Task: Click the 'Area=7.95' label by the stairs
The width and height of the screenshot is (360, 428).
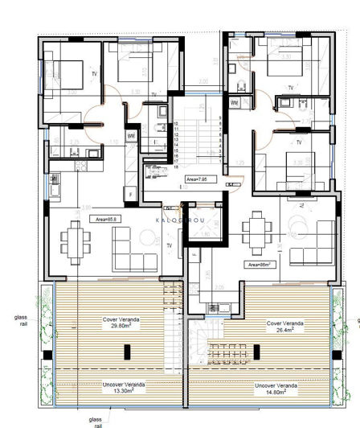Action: [195, 179]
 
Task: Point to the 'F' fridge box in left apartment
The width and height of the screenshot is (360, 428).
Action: [130, 194]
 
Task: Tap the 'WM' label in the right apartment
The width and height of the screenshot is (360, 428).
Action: [235, 103]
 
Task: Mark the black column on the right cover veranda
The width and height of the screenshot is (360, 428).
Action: [256, 352]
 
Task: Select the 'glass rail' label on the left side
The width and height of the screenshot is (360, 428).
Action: [20, 323]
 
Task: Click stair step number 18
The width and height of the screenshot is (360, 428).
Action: [175, 166]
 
